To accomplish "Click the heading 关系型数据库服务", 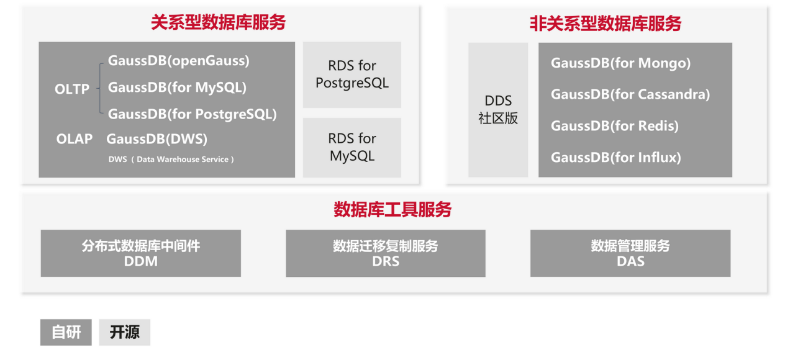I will pos(218,23).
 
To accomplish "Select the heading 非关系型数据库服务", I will pos(606,24).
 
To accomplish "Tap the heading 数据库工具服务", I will pos(392,209).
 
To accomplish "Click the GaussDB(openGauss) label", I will pos(178,61).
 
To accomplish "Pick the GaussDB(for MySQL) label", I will pos(177,88).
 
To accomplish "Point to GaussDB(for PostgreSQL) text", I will pos(192,114).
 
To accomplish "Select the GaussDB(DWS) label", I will pos(157,138).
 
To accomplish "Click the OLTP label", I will pos(72,89).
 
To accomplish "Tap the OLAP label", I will pos(74,139).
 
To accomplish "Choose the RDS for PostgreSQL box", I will pos(352,74).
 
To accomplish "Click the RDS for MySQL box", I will pos(352,147).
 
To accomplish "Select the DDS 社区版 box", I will pos(498,110).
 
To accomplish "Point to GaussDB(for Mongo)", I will pos(620,63).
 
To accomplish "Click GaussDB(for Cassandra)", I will pos(630,94).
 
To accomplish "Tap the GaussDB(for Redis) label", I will pos(614,126).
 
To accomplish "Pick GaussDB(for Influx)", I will pos(615,158).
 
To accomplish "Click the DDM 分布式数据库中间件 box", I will pos(141,253).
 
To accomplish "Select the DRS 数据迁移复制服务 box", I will pos(385,253).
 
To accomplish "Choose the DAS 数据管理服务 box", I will pos(630,253).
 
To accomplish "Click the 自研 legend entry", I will pos(66,332).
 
